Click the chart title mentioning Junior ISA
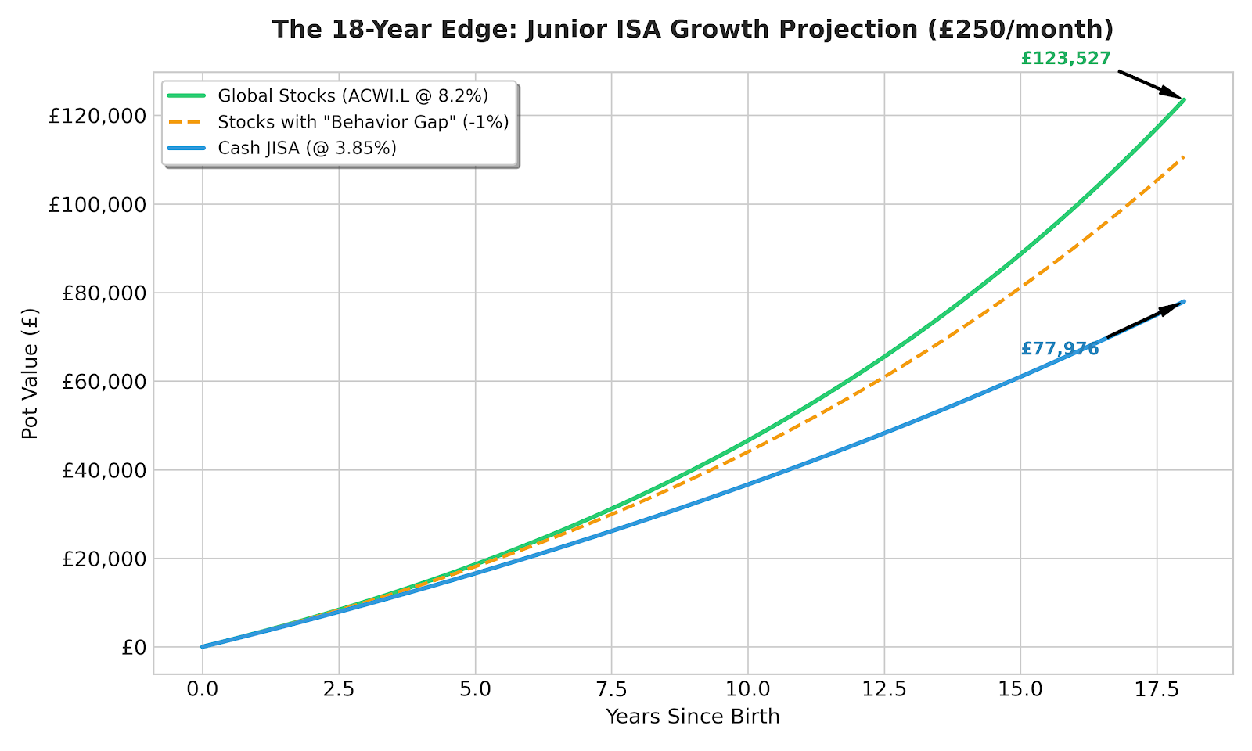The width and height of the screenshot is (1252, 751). click(693, 30)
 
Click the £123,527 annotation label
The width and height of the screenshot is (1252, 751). click(1065, 59)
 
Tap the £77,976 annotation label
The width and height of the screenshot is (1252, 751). click(1060, 349)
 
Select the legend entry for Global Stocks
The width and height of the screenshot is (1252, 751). click(353, 95)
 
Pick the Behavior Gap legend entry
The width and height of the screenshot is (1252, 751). click(363, 122)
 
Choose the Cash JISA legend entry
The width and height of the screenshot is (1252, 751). click(307, 148)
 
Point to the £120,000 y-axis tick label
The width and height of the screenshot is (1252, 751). click(97, 116)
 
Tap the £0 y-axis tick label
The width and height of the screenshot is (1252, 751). click(134, 648)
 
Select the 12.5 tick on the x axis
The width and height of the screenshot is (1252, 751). click(883, 689)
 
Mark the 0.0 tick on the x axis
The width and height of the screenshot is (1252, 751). click(203, 689)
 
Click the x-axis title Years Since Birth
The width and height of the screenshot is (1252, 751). click(693, 717)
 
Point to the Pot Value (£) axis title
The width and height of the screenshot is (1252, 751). click(30, 373)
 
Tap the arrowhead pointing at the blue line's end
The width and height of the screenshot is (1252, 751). click(1174, 306)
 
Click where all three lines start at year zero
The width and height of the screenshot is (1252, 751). click(203, 646)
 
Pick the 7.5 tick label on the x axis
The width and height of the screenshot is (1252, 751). click(611, 689)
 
